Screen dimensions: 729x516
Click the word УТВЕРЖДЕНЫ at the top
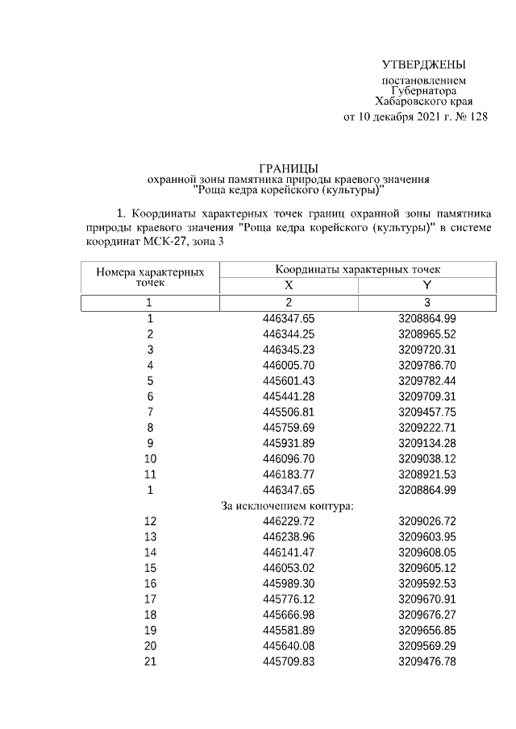tap(424, 64)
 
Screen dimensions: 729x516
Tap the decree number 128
tap(477, 117)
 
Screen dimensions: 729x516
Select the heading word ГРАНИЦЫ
tap(288, 165)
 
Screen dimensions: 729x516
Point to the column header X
tap(289, 286)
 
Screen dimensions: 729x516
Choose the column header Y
tap(427, 286)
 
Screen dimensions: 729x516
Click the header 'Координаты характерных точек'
tap(358, 269)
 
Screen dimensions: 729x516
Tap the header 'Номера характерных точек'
tap(149, 278)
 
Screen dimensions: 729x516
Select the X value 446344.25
tap(289, 334)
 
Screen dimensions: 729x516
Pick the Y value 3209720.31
tap(427, 350)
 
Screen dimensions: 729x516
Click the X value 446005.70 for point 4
tap(289, 365)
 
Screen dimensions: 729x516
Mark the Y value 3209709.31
tap(427, 396)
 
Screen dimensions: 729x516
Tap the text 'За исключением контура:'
tap(288, 506)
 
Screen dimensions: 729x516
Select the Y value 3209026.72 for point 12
tap(427, 521)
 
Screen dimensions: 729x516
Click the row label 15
tap(149, 568)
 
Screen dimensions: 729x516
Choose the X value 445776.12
tap(289, 599)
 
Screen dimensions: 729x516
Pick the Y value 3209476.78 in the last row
tap(427, 662)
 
